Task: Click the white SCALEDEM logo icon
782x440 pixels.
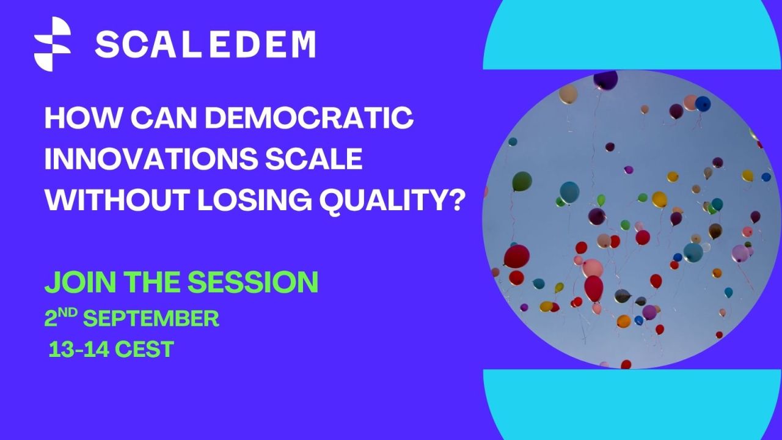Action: click(53, 44)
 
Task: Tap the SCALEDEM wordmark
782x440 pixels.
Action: click(206, 45)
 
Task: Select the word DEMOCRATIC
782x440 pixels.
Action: click(309, 118)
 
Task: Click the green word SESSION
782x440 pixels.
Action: click(253, 282)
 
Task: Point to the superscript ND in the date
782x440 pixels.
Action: click(68, 313)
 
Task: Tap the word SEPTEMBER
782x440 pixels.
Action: click(151, 318)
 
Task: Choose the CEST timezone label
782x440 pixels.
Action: click(145, 349)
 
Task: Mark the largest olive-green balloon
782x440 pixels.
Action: click(522, 182)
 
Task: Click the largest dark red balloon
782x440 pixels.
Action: click(516, 256)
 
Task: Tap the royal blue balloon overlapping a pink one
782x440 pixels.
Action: click(703, 104)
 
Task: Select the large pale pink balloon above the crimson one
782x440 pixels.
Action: click(593, 268)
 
